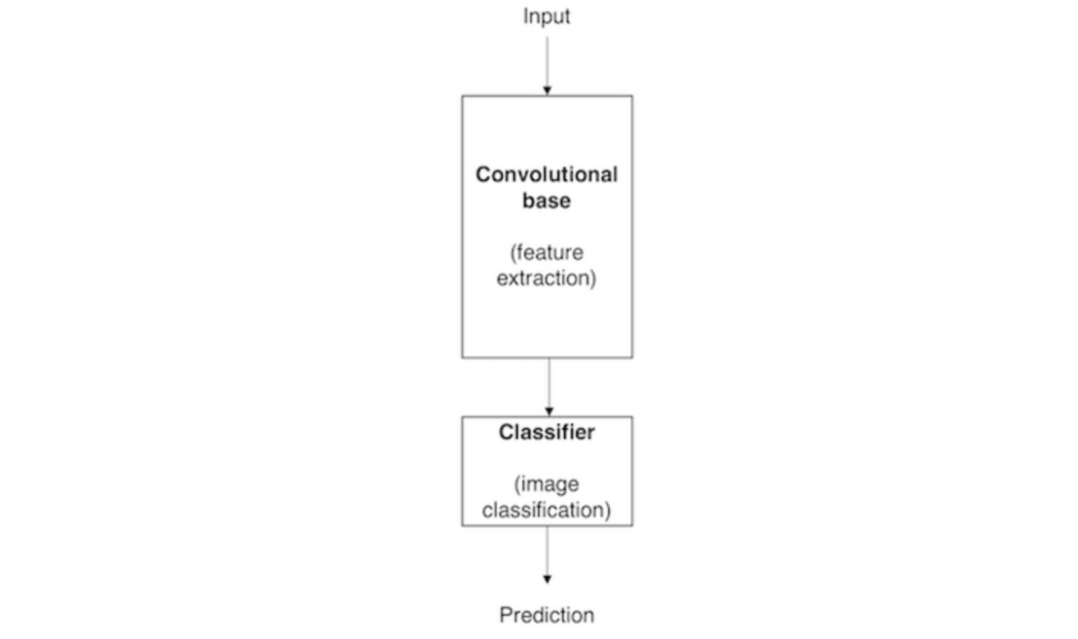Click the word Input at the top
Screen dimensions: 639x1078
coord(546,16)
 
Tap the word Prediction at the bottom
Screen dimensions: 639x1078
coord(546,616)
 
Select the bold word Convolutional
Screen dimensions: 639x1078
coord(546,175)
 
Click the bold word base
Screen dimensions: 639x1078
coord(546,200)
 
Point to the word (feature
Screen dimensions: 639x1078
coord(546,252)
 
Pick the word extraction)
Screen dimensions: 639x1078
coord(546,278)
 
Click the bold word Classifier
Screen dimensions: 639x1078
coord(546,433)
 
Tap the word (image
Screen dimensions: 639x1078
coord(546,484)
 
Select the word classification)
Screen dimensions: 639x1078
coord(546,510)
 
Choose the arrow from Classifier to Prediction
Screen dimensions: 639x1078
coord(547,550)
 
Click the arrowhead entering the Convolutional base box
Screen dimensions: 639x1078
coord(547,90)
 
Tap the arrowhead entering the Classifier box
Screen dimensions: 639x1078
coord(548,412)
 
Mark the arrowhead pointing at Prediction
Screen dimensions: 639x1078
coord(547,579)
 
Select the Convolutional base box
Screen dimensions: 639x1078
coord(546,322)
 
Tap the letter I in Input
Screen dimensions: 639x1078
coord(526,16)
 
